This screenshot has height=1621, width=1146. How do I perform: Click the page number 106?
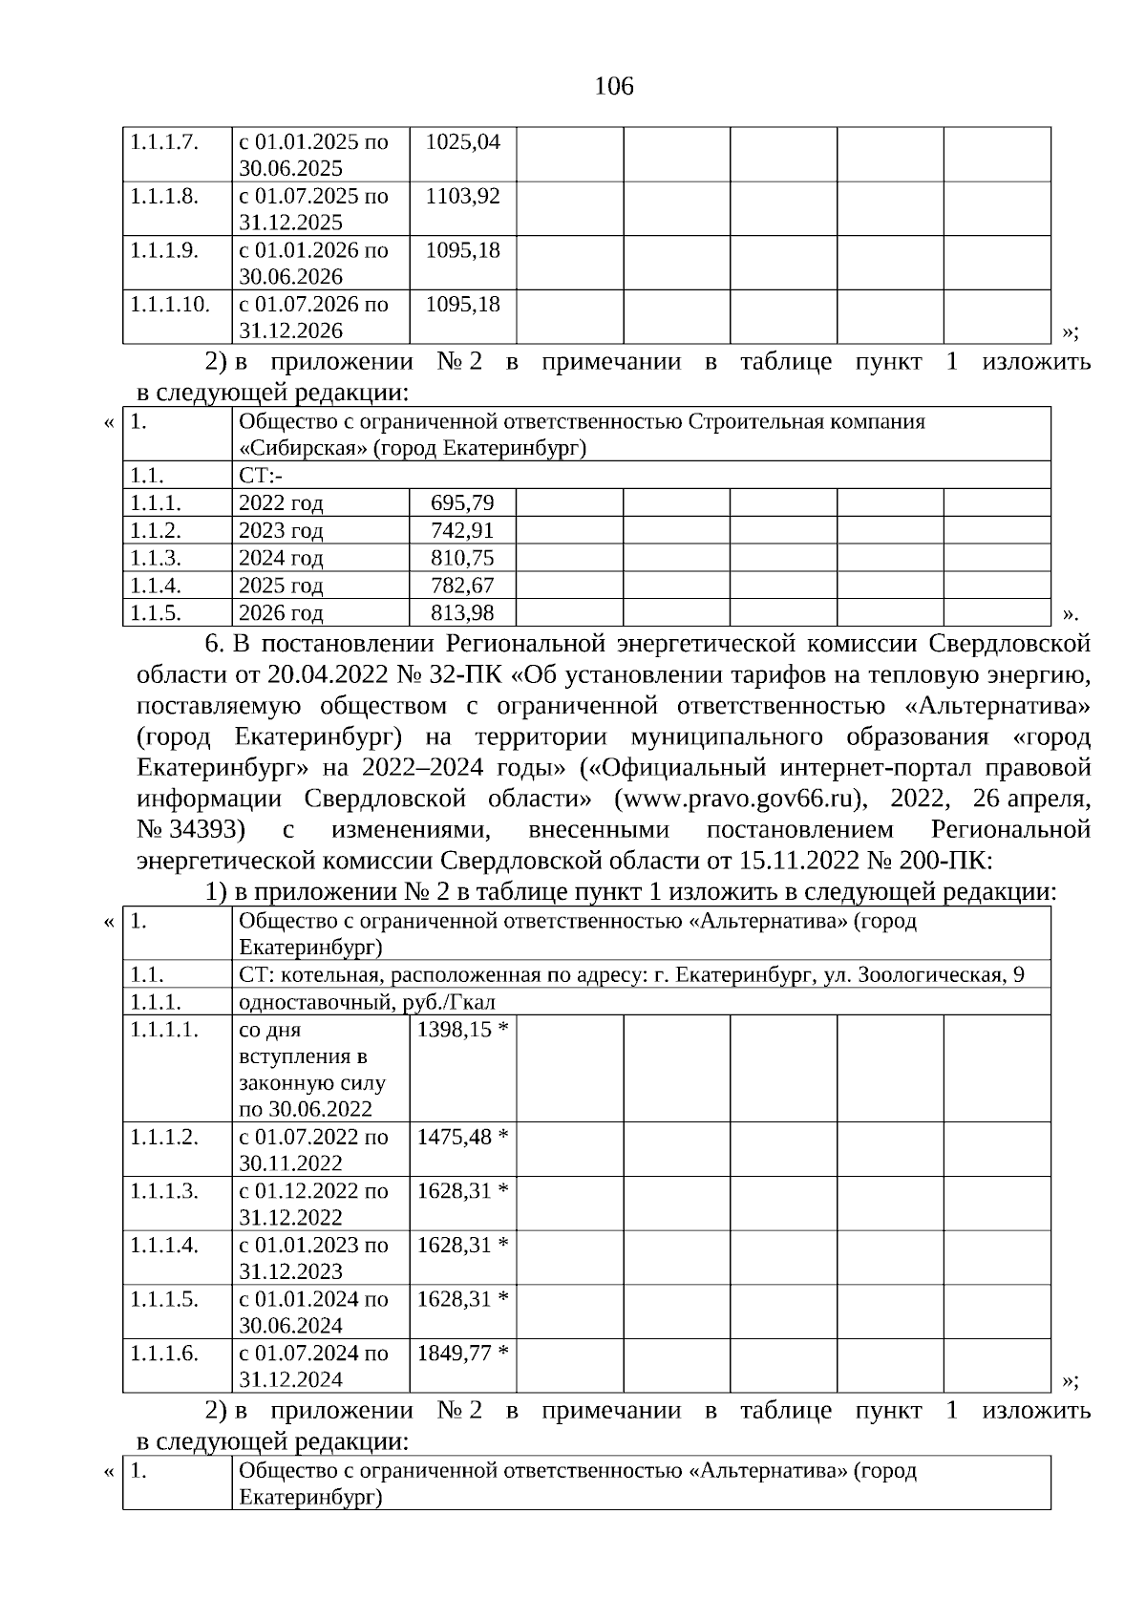(x=613, y=87)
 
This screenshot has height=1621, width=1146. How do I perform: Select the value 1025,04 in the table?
(x=462, y=142)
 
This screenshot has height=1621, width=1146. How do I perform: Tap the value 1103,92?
(x=462, y=197)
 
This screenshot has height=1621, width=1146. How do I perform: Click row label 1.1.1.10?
(x=169, y=305)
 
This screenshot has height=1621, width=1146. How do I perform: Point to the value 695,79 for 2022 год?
(x=462, y=502)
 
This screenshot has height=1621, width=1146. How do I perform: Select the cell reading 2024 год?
(x=281, y=558)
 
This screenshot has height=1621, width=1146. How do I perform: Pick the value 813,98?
(x=462, y=612)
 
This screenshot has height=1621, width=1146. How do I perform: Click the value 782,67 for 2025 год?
(x=462, y=585)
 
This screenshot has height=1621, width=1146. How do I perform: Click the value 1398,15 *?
(x=462, y=1030)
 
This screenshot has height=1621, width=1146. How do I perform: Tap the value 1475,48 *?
(x=462, y=1137)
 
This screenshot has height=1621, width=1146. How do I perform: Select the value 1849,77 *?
(x=462, y=1353)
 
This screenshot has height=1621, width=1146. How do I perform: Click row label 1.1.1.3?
(x=164, y=1191)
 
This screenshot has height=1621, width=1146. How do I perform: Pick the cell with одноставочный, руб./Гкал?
(x=367, y=1002)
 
